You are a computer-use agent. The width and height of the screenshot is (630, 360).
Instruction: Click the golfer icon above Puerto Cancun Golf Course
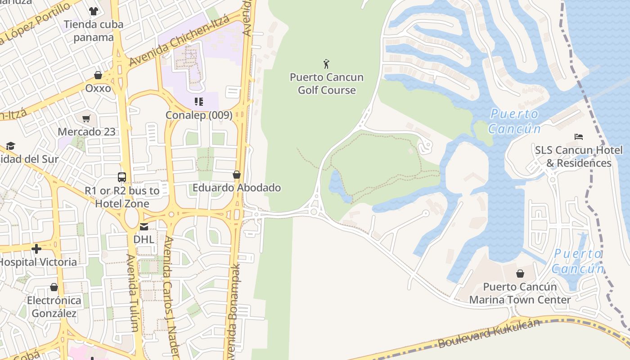coord(327,64)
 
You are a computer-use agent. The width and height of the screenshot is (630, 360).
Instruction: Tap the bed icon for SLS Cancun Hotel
coord(579,137)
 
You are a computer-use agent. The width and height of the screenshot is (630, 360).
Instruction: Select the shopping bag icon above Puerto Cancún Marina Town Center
coord(520,274)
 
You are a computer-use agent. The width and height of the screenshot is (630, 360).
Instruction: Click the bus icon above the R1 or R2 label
coord(122,177)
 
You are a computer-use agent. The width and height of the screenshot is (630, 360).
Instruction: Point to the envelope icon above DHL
coord(144,226)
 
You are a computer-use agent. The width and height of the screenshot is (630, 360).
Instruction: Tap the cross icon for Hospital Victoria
coord(36,248)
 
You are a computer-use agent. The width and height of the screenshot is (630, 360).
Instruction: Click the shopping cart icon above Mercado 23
coord(86,119)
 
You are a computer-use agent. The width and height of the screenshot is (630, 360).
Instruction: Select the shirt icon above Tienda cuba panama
coord(93,11)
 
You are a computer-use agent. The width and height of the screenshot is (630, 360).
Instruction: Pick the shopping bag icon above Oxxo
coord(98,75)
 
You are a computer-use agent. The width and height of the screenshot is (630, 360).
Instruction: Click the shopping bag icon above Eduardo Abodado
coord(237,175)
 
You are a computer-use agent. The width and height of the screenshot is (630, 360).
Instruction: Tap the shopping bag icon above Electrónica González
coord(54,287)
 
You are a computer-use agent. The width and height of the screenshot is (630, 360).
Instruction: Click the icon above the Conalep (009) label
coord(198,102)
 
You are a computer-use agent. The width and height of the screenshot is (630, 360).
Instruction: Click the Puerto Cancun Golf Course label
coord(327,84)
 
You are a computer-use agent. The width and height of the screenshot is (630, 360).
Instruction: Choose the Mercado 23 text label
coord(86,132)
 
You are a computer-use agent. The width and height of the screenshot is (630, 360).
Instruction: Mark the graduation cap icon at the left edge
coord(10,146)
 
